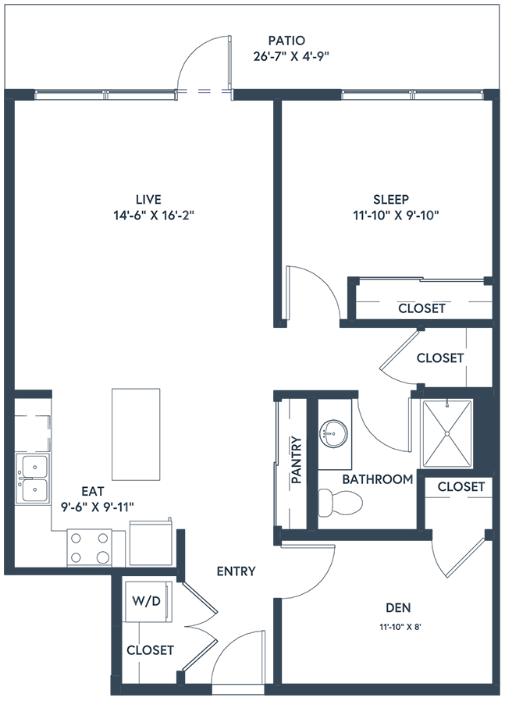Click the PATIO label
(x=285, y=41)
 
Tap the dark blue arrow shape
(x=204, y=113)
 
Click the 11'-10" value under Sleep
(x=372, y=215)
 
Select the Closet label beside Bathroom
(x=460, y=487)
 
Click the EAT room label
(x=92, y=492)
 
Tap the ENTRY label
(x=236, y=571)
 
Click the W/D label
(x=148, y=603)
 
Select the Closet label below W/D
(x=148, y=649)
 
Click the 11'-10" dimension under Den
(x=395, y=626)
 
